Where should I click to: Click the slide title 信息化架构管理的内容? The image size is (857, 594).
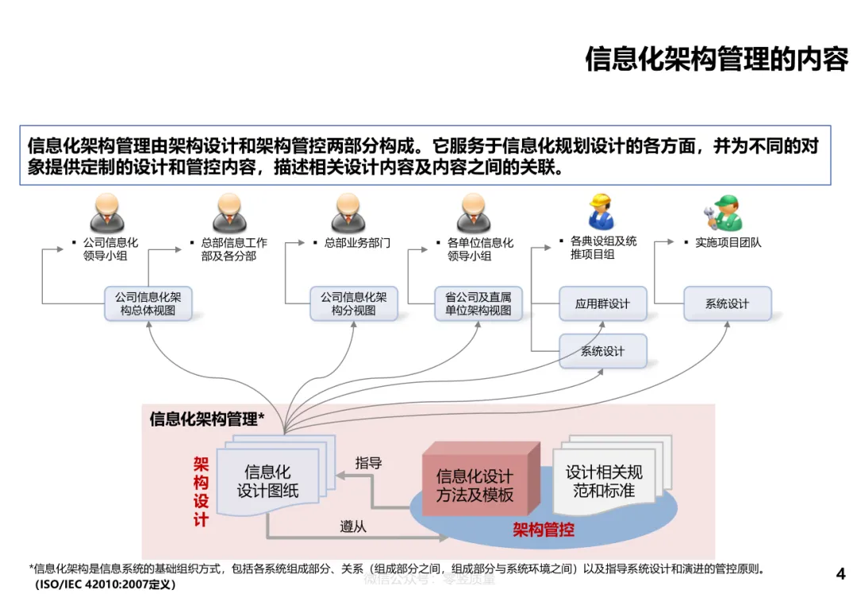pos(716,59)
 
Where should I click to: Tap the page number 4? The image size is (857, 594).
pos(841,573)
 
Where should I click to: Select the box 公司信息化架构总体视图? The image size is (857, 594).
pos(148,304)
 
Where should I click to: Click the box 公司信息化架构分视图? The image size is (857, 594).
pos(354,304)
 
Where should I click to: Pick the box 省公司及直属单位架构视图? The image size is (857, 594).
pos(478,304)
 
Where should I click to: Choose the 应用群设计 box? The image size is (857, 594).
pos(602,304)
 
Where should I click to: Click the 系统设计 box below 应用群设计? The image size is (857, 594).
pos(602,351)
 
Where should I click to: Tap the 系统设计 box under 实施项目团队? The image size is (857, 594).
pos(727,304)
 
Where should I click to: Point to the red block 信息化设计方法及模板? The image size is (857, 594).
pos(475,484)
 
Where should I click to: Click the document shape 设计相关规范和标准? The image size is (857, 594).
pos(604,480)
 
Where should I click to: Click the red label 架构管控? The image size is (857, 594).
pos(544,529)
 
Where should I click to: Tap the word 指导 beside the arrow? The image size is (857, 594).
pos(368,463)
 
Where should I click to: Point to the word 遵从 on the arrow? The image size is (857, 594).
pos(353,526)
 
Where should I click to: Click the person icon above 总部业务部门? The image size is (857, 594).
pos(348,213)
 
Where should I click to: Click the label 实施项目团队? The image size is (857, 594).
pos(728,242)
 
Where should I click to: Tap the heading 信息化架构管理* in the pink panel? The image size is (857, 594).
pos(207,418)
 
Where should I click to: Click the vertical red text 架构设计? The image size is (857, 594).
pos(201,492)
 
